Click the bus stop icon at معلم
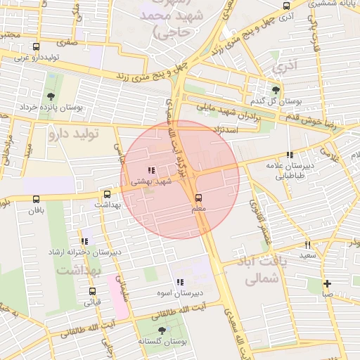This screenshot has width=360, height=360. coord(198,198)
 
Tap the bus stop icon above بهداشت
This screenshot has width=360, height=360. coord(107,194)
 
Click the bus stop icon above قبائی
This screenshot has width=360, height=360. coord(92,291)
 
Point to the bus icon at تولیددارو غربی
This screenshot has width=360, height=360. coord(36,47)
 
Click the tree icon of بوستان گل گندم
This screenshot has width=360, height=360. coord(276,90)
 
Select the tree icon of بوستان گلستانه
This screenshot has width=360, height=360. coord(162,330)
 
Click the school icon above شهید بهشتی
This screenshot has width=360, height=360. coord(150,170)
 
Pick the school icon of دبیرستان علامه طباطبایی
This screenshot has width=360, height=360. coord(290,155)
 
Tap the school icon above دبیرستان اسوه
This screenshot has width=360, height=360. coord(179,281)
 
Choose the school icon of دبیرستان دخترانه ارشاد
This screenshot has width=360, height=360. coord(85,241)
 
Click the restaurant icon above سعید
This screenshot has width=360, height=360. coord(307,245)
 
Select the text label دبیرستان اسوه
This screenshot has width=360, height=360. coord(179,292)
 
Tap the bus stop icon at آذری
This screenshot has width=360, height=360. coord(285,6)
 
